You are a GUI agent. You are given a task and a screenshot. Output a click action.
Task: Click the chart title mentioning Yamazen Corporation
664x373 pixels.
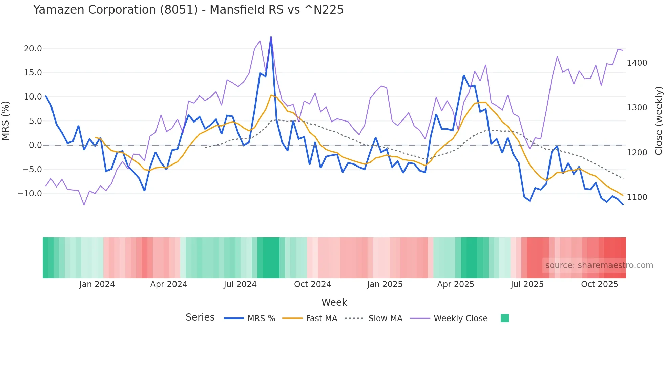188,10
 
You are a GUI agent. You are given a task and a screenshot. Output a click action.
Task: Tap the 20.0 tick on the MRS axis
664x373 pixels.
33,49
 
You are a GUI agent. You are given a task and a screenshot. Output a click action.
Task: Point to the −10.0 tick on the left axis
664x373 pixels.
30,194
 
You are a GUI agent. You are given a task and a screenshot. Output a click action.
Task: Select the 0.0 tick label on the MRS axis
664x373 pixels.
35,145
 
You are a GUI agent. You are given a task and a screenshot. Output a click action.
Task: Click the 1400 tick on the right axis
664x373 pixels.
637,63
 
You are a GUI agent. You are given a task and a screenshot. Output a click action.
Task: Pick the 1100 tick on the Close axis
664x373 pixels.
637,197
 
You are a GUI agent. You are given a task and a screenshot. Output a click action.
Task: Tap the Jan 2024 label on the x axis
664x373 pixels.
97,284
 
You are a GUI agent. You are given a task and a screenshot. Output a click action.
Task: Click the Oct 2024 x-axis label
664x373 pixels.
312,284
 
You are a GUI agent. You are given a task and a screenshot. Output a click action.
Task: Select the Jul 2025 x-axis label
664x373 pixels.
527,284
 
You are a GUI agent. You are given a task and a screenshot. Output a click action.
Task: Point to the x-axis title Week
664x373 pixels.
334,302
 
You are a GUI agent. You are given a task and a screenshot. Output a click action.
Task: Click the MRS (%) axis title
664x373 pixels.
6,121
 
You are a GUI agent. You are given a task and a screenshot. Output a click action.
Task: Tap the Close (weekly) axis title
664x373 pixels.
658,121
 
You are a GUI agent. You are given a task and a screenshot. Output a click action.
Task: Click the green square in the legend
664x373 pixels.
504,318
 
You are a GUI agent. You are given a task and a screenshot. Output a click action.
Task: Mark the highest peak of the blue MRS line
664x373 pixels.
271,37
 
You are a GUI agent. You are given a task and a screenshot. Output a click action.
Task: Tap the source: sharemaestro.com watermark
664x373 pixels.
599,265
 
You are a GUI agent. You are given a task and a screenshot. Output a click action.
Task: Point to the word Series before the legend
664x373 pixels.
200,317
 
